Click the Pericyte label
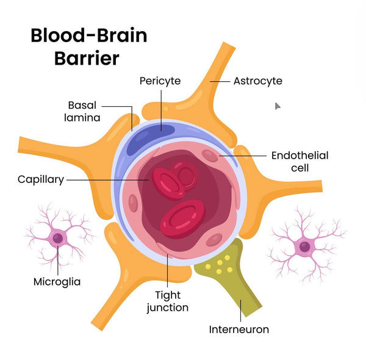coord(160,81)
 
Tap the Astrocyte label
coord(257,81)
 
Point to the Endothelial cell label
coord(300,161)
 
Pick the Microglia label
coord(57,282)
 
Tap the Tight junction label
coord(167,302)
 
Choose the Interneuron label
coord(239,329)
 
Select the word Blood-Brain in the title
coord(88,35)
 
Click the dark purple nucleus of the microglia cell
coord(57,238)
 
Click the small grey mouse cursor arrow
coord(278,106)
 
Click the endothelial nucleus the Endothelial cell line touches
coord(210,156)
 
